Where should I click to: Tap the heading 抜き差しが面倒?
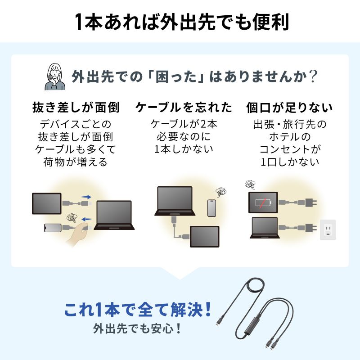76,108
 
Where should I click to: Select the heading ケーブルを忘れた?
184,108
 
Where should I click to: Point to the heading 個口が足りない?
289,108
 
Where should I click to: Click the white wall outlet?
328,229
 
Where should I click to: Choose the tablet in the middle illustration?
204,237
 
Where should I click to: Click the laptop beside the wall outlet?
265,228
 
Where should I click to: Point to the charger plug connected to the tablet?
310,202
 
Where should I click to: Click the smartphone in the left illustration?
53,228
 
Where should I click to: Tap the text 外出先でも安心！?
138,328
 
